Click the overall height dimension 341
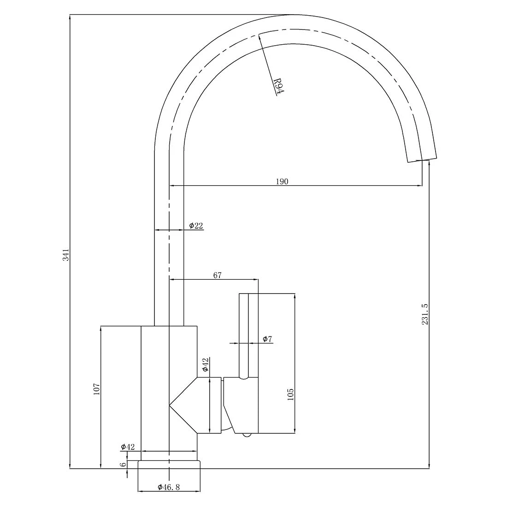pyautogui.click(x=66, y=255)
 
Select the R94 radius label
pyautogui.click(x=278, y=86)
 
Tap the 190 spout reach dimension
pyautogui.click(x=282, y=182)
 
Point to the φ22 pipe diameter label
pyautogui.click(x=196, y=225)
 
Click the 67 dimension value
pyautogui.click(x=218, y=275)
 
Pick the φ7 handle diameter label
pyautogui.click(x=267, y=339)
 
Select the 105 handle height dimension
pyautogui.click(x=290, y=395)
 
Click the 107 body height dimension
pyautogui.click(x=96, y=389)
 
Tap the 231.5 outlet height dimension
pyautogui.click(x=425, y=314)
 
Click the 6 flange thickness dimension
pyautogui.click(x=124, y=465)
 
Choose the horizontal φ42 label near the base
pyautogui.click(x=128, y=447)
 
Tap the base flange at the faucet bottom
pyautogui.click(x=170, y=465)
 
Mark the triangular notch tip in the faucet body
pyautogui.click(x=170, y=406)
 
